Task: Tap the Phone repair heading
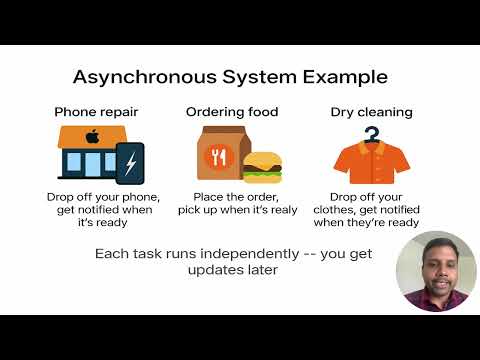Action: tap(95, 111)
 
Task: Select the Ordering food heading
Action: tap(232, 111)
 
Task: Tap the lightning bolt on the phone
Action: tap(131, 163)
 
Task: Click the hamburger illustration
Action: tap(263, 167)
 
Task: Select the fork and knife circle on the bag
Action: tap(220, 158)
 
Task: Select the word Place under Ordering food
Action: tap(209, 197)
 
